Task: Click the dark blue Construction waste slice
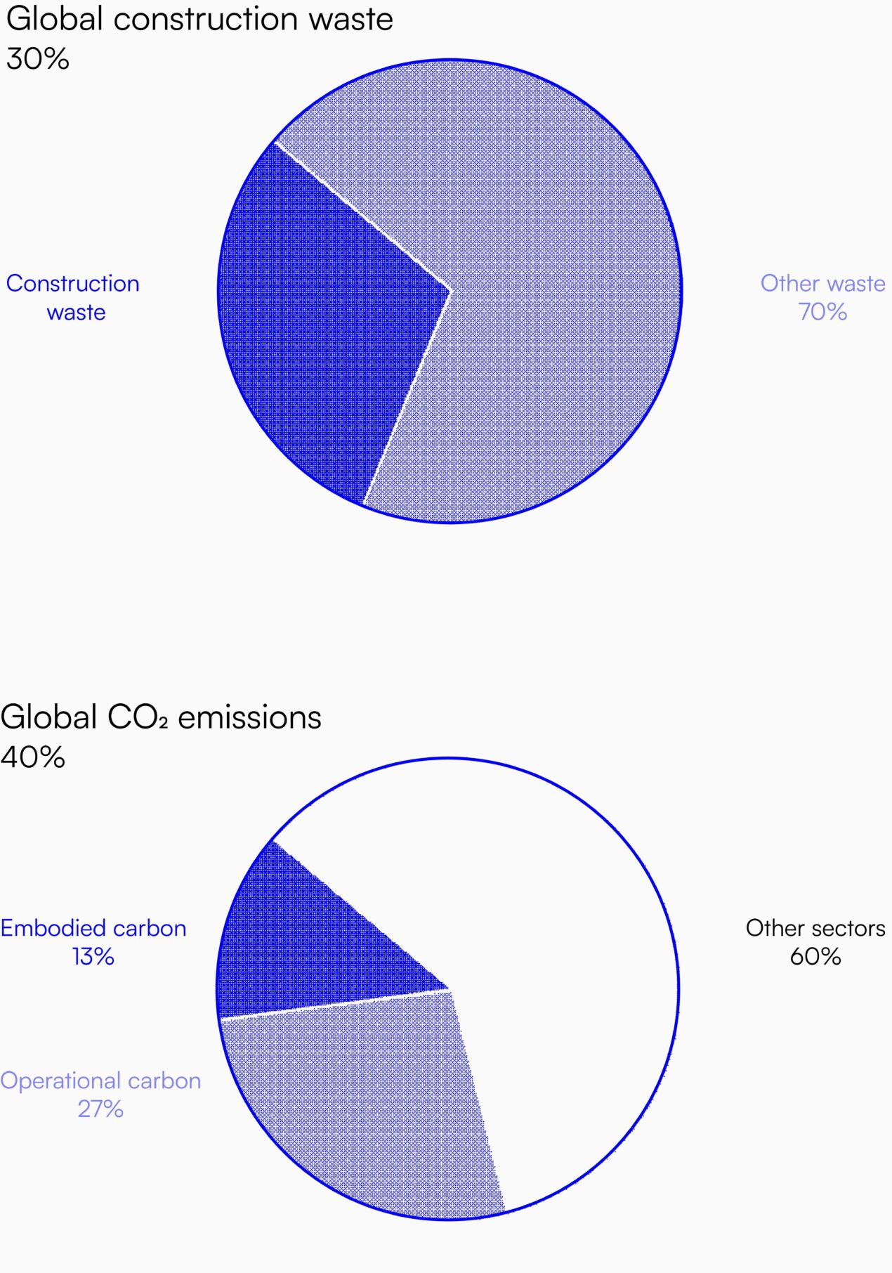coord(323,316)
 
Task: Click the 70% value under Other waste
coord(822,311)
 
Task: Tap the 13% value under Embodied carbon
coord(93,956)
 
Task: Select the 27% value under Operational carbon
coord(100,1109)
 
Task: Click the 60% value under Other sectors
coord(815,956)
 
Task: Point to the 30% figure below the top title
coord(38,58)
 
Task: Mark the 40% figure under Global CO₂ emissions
coord(33,757)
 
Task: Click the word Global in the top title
coord(55,18)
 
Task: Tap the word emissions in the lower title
coord(250,717)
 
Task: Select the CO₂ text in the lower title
coord(138,717)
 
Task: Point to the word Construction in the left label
coord(73,283)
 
